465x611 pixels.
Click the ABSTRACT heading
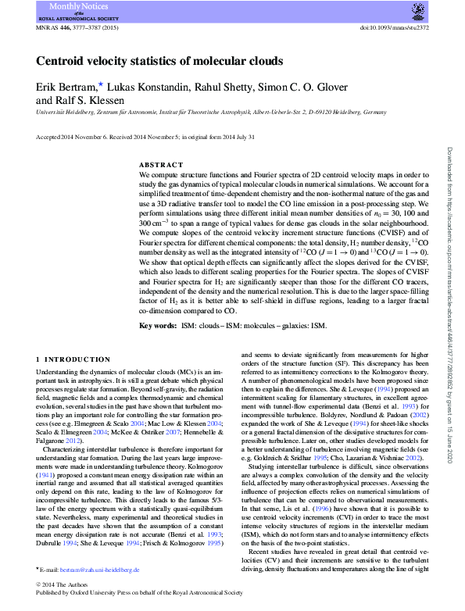[x=160, y=165]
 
